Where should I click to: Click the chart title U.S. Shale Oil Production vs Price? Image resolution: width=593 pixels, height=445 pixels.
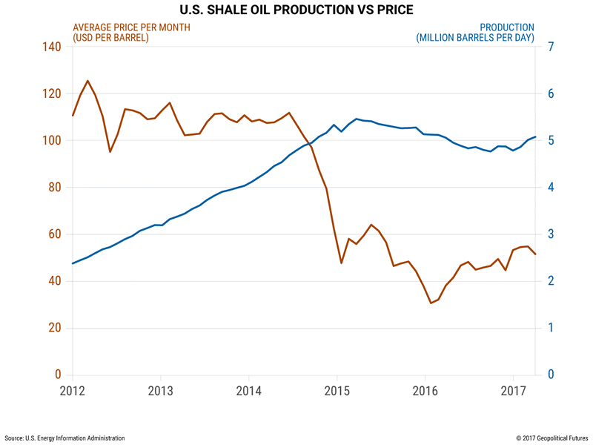click(296, 10)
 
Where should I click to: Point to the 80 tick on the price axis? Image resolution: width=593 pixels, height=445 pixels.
click(54, 188)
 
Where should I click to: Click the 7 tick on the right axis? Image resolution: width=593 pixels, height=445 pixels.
click(553, 47)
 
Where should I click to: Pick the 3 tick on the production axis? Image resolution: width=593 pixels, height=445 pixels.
click(553, 234)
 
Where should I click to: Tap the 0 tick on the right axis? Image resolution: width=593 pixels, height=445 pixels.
click(553, 375)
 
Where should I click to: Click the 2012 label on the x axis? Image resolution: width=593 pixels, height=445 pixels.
click(73, 390)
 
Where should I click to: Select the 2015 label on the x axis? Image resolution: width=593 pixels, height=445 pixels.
click(337, 390)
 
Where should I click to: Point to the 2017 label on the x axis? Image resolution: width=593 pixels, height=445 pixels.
click(514, 390)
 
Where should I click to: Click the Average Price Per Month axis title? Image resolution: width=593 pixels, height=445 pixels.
click(131, 27)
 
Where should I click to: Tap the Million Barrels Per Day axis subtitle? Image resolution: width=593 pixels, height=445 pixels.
click(475, 38)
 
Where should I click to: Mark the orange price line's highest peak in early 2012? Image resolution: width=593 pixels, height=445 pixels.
click(87, 81)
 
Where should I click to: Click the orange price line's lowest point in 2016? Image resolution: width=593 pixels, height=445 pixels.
click(431, 303)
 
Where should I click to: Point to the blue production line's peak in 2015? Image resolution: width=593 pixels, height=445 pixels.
click(357, 119)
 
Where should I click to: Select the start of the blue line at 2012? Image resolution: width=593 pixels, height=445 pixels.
click(73, 263)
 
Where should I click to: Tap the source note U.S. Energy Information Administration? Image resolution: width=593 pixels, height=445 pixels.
click(65, 438)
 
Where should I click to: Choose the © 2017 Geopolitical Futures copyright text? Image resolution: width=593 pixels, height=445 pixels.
click(545, 438)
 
